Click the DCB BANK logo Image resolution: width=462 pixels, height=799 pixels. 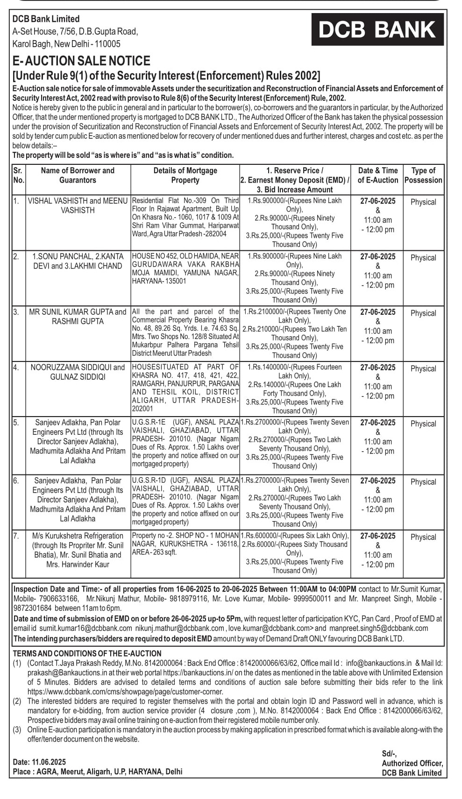point(377,30)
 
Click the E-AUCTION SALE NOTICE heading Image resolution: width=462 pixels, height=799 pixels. point(81,61)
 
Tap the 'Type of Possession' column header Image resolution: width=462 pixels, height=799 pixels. point(423,175)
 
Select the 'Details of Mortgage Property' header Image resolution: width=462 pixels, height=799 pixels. point(185,175)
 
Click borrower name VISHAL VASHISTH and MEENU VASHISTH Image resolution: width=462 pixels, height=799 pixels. point(78,205)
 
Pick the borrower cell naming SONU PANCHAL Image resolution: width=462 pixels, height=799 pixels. point(78,261)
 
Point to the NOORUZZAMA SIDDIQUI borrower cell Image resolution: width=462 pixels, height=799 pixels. point(78,372)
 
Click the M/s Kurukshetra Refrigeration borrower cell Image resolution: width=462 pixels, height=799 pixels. point(78,550)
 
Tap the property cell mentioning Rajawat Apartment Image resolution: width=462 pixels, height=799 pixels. point(185,217)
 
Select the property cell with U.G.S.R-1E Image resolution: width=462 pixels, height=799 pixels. point(185,443)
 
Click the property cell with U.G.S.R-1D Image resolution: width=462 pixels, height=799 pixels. point(185,501)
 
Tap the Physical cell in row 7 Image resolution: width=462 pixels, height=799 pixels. point(423,537)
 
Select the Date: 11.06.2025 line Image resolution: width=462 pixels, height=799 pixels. point(40,762)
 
